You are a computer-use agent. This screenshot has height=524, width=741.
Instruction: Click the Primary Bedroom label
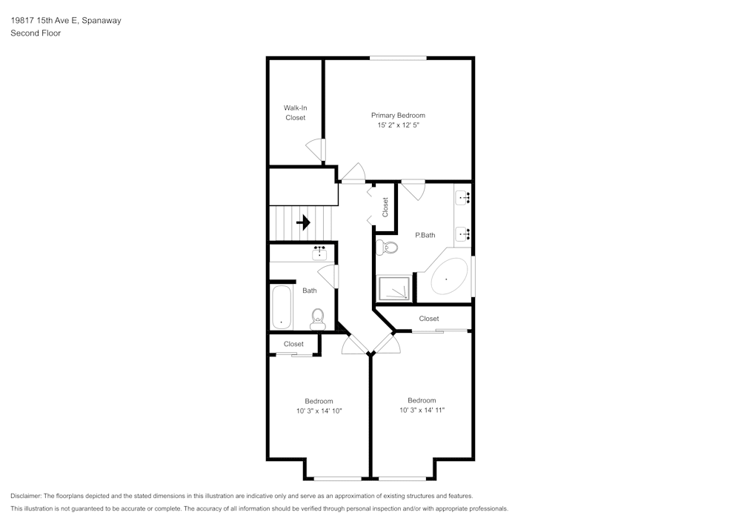pos(398,115)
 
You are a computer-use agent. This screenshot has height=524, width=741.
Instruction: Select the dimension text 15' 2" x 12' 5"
pos(398,126)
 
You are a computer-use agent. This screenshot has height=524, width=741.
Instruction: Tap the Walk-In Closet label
pos(295,113)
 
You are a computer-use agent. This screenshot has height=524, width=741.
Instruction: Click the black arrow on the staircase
pos(303,222)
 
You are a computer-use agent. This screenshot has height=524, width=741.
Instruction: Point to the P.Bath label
pos(425,235)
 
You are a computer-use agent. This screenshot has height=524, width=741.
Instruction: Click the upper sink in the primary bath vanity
pos(462,197)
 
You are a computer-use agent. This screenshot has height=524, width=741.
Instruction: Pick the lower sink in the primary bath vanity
pos(462,234)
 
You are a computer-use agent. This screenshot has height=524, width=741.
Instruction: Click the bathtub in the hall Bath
pos(282,308)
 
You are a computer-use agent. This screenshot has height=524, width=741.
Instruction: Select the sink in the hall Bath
pos(319,253)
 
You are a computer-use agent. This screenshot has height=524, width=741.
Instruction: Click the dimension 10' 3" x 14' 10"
pos(319,411)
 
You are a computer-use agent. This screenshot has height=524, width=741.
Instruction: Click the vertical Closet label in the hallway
pos(385,207)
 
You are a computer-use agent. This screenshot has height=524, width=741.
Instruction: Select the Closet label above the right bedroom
pos(429,319)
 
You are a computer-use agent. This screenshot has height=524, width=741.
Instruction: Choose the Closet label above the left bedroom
pos(293,344)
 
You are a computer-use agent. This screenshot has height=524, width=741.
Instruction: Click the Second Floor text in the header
pos(35,33)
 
